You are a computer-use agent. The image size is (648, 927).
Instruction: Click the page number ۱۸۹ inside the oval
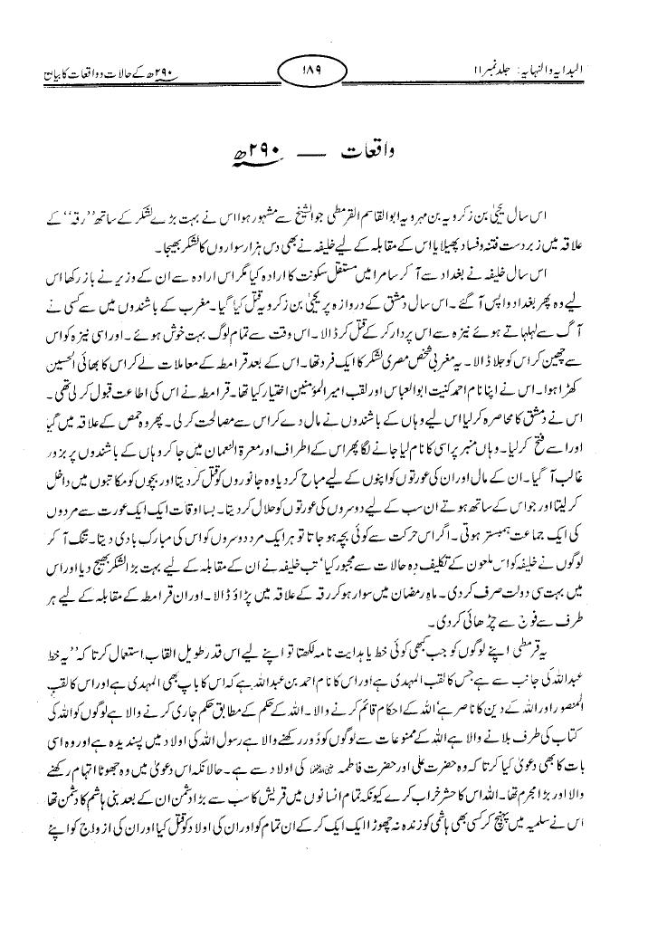(x=323, y=70)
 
